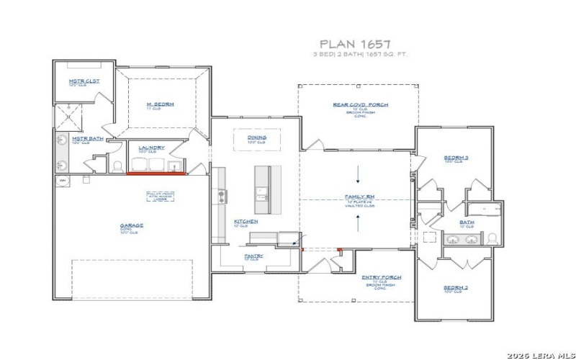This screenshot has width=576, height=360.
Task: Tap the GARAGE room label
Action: click(x=131, y=225)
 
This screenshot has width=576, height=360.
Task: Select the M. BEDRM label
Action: click(x=161, y=104)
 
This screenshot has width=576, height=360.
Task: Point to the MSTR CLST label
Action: click(x=84, y=81)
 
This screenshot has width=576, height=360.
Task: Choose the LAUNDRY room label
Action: click(x=151, y=148)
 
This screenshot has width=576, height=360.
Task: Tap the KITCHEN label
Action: click(x=246, y=222)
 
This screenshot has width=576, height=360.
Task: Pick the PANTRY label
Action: click(x=253, y=256)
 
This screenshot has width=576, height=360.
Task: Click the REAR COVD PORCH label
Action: click(x=360, y=105)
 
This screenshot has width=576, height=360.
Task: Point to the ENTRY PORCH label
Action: click(x=381, y=277)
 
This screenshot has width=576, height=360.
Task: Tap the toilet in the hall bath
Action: click(x=492, y=238)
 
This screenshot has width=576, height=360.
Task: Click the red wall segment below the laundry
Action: click(x=156, y=174)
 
